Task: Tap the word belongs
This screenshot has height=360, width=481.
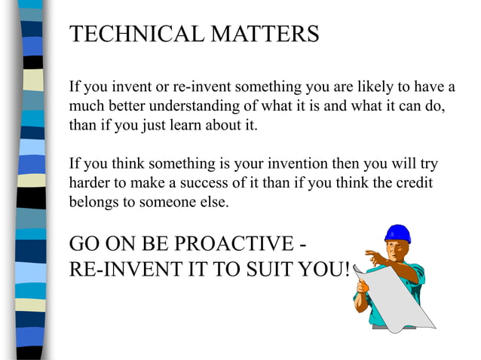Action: pyautogui.click(x=93, y=203)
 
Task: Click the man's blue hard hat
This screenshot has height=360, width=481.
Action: pyautogui.click(x=397, y=233)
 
